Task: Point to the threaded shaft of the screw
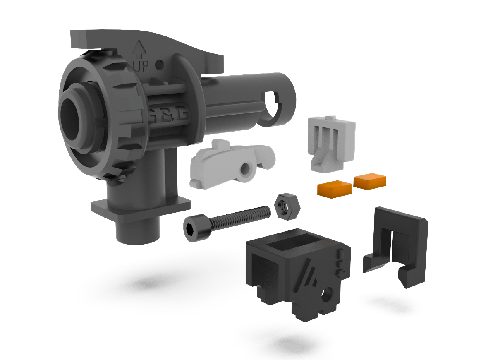(x=240, y=216)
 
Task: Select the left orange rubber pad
(x=334, y=187)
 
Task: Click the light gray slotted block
(x=331, y=143)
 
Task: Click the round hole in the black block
(x=327, y=294)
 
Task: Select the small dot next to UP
(x=160, y=65)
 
